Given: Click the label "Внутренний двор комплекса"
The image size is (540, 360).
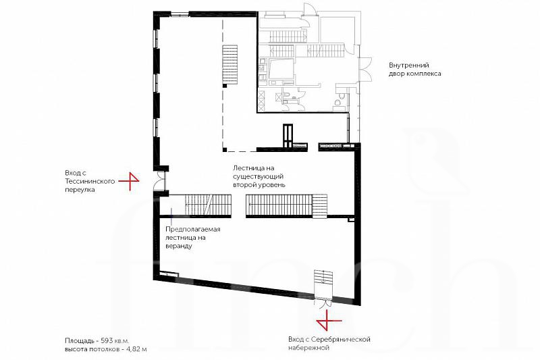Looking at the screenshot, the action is pyautogui.click(x=414, y=70).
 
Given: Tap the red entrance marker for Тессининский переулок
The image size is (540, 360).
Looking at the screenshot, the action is pyautogui.click(x=130, y=180).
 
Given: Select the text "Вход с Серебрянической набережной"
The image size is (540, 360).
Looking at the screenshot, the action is pyautogui.click(x=329, y=344).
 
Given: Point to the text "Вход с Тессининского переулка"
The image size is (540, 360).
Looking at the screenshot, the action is pyautogui.click(x=90, y=181).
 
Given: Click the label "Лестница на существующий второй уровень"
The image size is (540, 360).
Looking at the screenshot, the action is pyautogui.click(x=259, y=176).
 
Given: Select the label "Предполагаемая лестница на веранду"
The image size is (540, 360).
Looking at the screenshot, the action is pyautogui.click(x=192, y=238).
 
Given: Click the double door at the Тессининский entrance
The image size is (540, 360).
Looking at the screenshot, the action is pyautogui.click(x=160, y=180).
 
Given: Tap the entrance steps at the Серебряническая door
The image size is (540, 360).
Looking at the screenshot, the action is pyautogui.click(x=323, y=282).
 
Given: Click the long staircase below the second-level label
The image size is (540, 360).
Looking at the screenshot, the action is pyautogui.click(x=286, y=205).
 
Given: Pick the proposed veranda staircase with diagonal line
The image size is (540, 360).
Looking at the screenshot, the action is pyautogui.click(x=208, y=205).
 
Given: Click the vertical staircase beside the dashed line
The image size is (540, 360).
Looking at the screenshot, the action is pyautogui.click(x=230, y=64).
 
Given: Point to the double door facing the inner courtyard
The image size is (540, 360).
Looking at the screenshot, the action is pyautogui.click(x=364, y=68).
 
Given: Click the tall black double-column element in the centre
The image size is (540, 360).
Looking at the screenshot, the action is pyautogui.click(x=288, y=136).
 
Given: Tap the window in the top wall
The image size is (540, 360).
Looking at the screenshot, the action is pyautogui.click(x=180, y=14).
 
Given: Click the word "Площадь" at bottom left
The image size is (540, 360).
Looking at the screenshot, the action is pyautogui.click(x=79, y=340).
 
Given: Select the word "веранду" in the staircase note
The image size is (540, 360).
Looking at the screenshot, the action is pyautogui.click(x=179, y=247).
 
